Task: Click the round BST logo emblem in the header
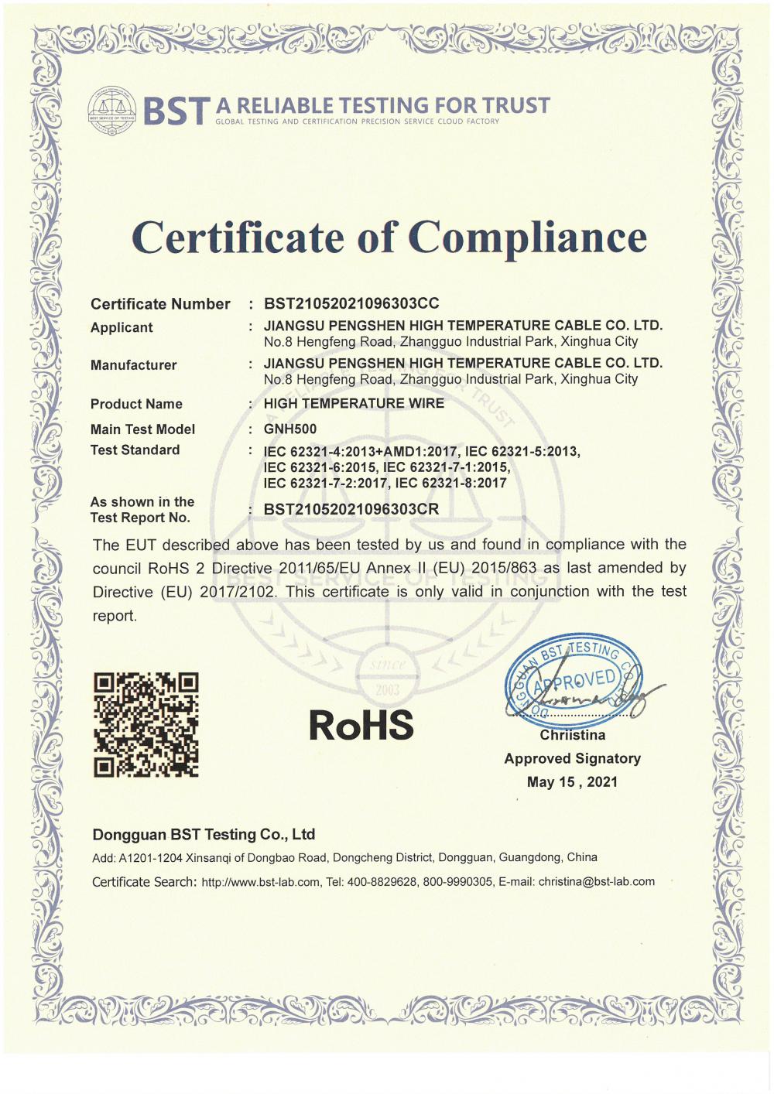coord(112,111)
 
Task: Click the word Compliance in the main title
coord(527,237)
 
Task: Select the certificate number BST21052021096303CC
coord(351,303)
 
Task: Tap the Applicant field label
coord(122,327)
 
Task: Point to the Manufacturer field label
coord(133,364)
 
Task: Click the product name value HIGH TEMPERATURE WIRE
coord(354,403)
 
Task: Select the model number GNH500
coord(290,429)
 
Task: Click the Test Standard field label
coord(135,450)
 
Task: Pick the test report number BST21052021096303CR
coord(351,509)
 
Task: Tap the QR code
coord(146,725)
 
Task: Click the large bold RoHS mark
coord(361,725)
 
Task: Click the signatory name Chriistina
coord(573,735)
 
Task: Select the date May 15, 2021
coord(573,782)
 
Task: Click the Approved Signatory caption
coord(573,758)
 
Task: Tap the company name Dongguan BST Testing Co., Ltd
coord(204,834)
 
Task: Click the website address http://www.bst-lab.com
coord(261,882)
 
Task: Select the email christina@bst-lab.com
coord(597,881)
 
